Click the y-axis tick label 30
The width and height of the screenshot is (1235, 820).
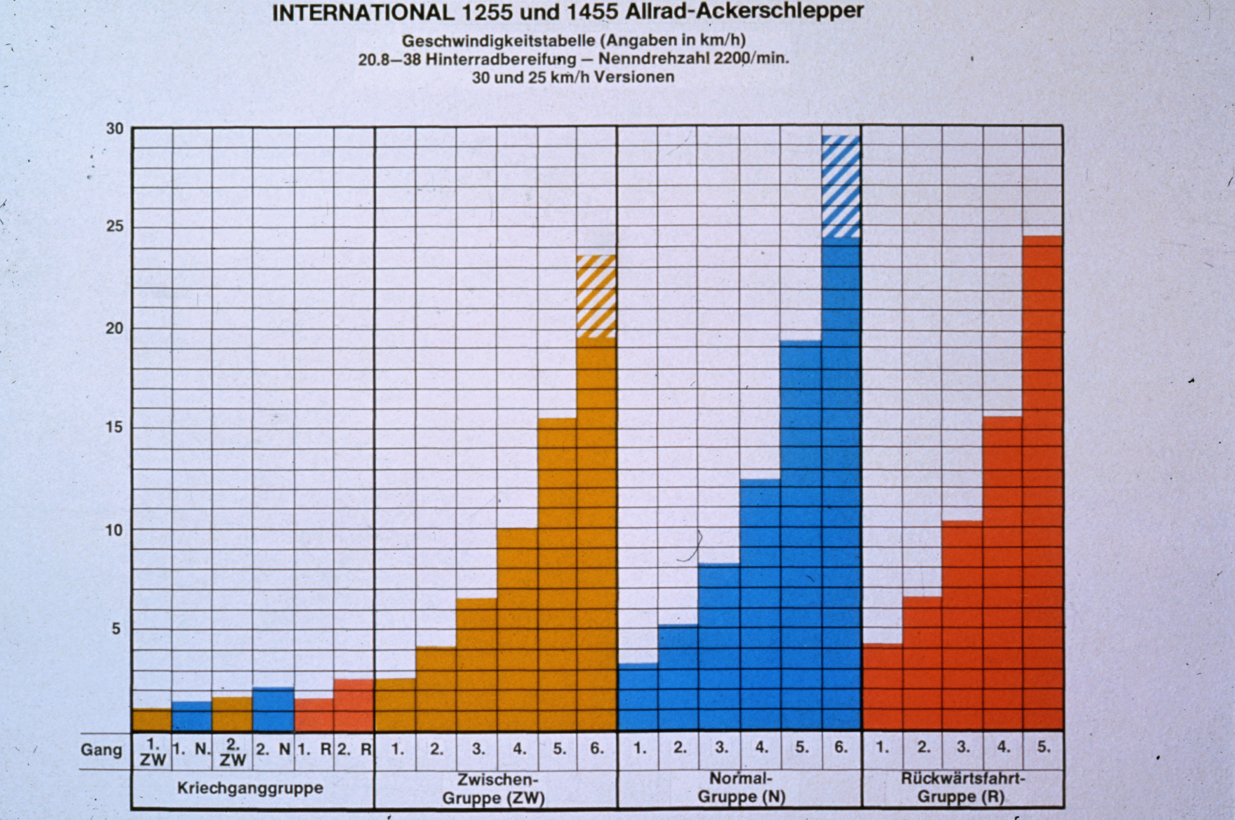coord(115,129)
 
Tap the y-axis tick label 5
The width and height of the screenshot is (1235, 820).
coord(116,628)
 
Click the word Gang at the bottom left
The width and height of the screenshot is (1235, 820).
coord(101,751)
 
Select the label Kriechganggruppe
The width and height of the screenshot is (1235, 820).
coord(250,788)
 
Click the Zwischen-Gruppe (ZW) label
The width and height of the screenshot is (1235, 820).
coord(494,789)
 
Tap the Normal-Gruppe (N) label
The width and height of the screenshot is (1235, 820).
coord(741,787)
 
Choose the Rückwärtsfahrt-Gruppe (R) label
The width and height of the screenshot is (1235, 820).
coord(963,787)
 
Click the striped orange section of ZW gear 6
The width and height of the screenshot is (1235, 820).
coord(597,296)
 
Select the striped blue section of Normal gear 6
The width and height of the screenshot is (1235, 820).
coord(841,186)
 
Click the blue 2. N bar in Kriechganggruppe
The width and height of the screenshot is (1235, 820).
coord(273,710)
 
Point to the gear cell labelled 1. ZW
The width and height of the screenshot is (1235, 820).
coord(152,751)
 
